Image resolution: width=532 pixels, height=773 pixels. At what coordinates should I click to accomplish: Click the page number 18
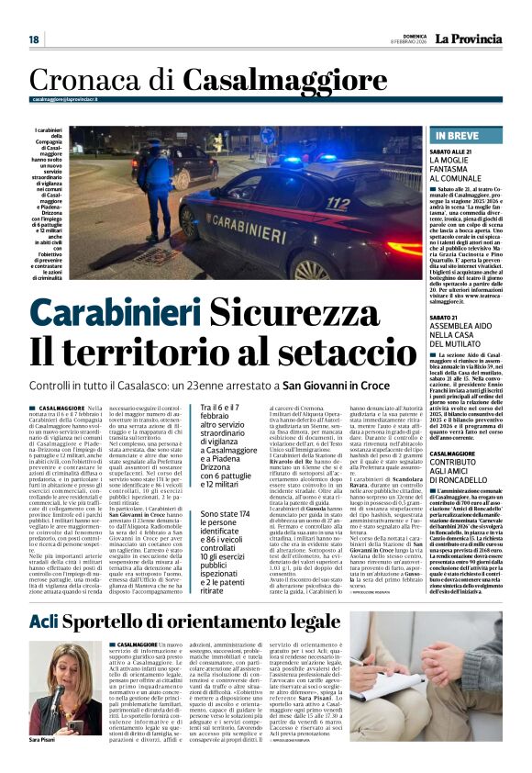pos(33,39)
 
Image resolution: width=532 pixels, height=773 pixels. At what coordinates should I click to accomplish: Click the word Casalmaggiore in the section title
pos(249,81)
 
